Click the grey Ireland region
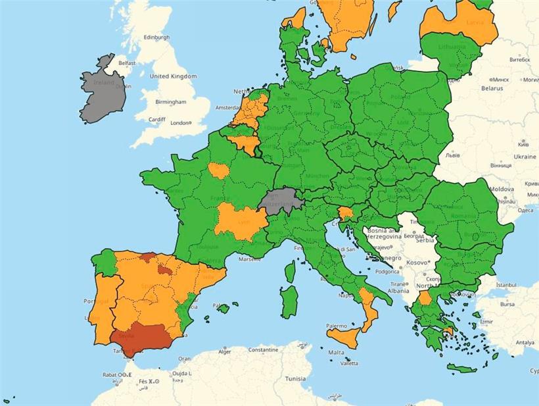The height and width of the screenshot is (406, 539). click(x=102, y=95)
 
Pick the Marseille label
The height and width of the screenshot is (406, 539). click(x=250, y=259)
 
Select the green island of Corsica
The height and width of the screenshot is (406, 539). click(x=290, y=270)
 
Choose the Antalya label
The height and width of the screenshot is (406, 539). click(x=525, y=343)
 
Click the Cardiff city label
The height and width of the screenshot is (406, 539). click(x=157, y=119)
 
